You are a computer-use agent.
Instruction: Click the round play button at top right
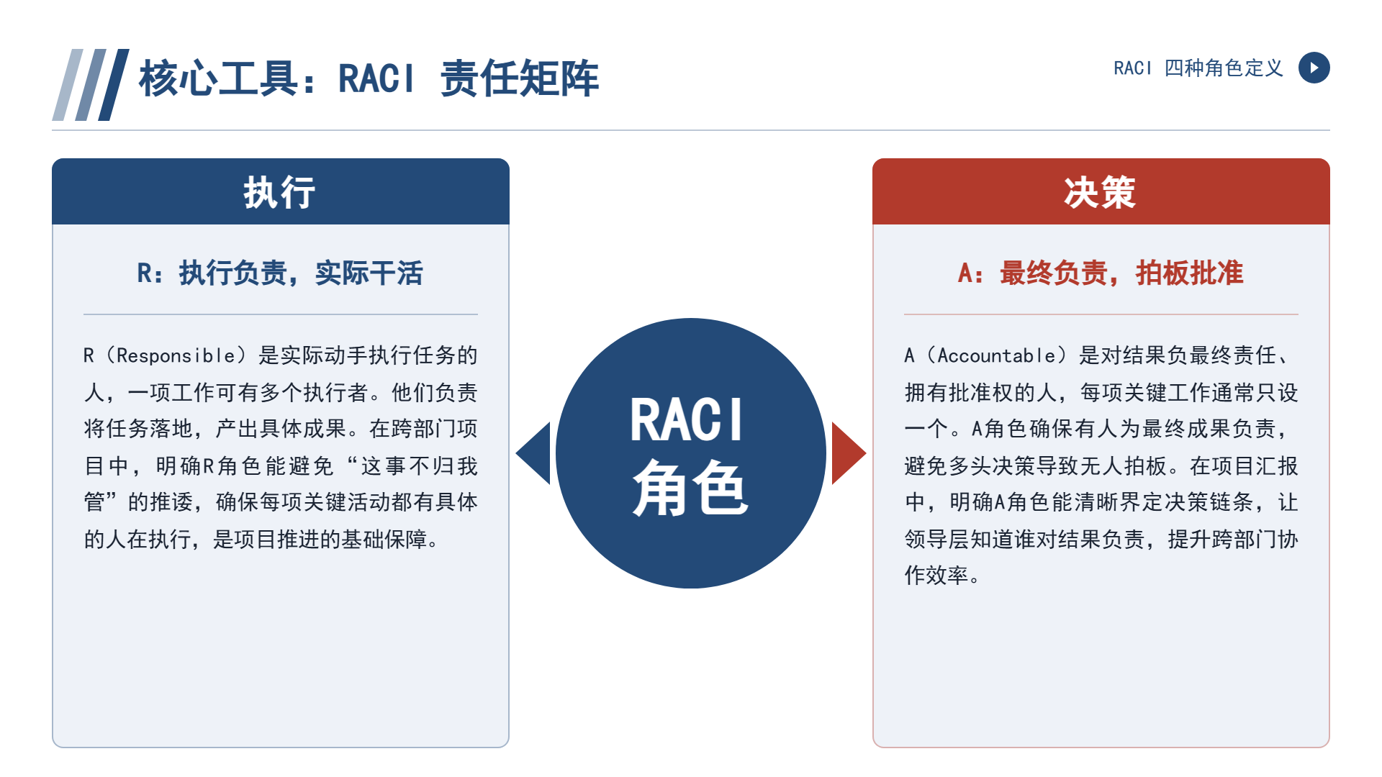point(1314,68)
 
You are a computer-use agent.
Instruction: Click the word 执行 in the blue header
point(279,193)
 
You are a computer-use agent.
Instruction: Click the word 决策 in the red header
point(1100,193)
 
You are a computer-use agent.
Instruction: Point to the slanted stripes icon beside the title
point(91,85)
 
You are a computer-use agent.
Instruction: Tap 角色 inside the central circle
point(690,487)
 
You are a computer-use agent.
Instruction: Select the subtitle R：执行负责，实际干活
point(280,273)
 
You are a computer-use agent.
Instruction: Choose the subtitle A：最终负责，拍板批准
point(1101,273)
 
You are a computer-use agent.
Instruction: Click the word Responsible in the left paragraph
point(176,355)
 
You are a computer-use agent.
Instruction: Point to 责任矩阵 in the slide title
point(519,78)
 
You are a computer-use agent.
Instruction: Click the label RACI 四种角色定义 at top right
point(1198,68)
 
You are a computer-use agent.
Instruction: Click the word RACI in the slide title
point(376,78)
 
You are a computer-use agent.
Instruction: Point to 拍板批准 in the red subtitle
point(1189,273)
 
